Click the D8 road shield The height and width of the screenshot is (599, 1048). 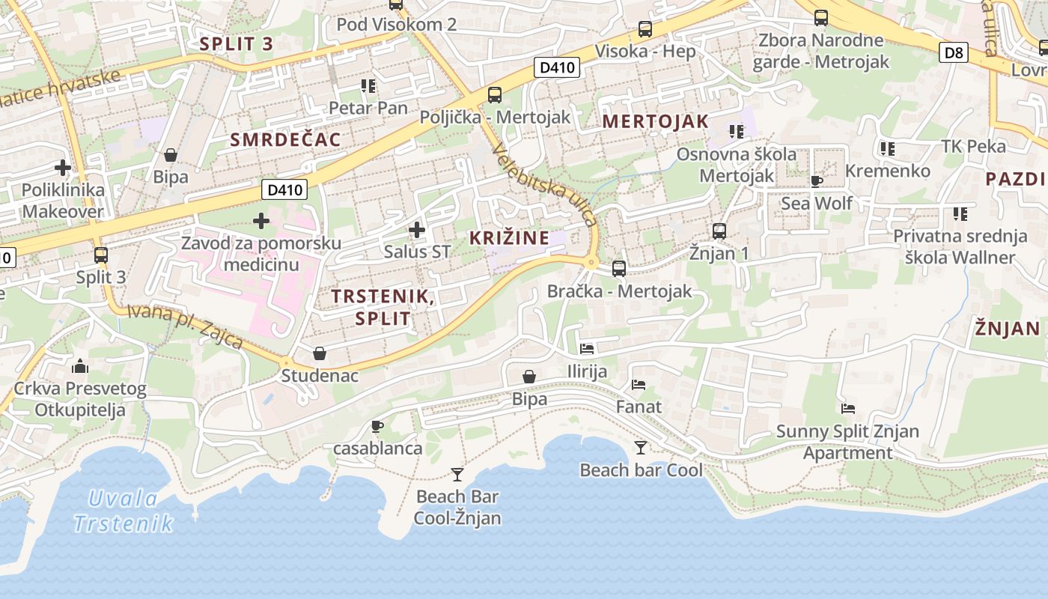[x=954, y=52]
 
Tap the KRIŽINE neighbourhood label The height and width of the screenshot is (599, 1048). [x=509, y=238]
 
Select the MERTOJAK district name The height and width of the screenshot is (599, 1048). [x=655, y=121]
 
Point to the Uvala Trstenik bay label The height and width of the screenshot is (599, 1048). [x=124, y=511]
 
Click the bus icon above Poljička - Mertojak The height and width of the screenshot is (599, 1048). [x=494, y=95]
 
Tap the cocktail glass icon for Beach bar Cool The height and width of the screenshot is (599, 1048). [x=641, y=448]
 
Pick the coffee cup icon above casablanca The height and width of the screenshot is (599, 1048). [x=377, y=427]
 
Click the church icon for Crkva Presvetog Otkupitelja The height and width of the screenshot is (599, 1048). [x=80, y=366]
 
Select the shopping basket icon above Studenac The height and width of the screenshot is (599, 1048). [x=320, y=353]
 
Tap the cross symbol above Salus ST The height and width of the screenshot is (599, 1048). [x=417, y=229]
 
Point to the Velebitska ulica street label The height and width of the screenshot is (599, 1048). [x=545, y=185]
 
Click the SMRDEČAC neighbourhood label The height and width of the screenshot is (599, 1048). [x=285, y=139]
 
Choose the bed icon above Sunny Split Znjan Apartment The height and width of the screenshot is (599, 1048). [x=848, y=409]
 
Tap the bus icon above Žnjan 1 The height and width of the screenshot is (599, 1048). [x=719, y=231]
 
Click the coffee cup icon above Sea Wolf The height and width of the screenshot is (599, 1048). [x=817, y=181]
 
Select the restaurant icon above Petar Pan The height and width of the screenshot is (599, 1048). [x=368, y=86]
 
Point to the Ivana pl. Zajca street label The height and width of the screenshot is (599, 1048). [x=185, y=326]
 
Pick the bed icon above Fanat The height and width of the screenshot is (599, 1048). [x=639, y=385]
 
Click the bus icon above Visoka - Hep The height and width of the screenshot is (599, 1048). [x=645, y=30]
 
